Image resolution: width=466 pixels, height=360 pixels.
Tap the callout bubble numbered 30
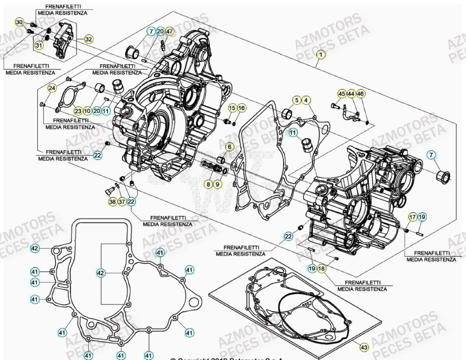(x=19, y=22)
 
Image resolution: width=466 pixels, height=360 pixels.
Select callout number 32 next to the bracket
(x=89, y=39)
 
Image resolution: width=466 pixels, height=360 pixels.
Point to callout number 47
(x=170, y=32)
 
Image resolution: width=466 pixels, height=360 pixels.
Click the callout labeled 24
(x=52, y=88)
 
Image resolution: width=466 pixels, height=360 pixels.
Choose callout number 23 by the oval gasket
(x=77, y=110)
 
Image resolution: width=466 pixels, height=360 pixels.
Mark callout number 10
(x=87, y=110)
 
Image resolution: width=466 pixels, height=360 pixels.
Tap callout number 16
(x=241, y=108)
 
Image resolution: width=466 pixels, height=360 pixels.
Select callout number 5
(x=296, y=100)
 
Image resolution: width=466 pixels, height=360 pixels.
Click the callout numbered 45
(x=342, y=94)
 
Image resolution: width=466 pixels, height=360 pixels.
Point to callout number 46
(x=360, y=94)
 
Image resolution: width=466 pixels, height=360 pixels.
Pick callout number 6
(x=229, y=147)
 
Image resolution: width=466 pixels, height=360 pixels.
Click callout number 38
(x=112, y=202)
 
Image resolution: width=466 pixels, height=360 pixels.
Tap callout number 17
(x=413, y=217)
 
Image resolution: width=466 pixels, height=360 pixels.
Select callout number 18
(x=321, y=268)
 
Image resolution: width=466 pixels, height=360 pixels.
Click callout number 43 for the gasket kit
(x=364, y=347)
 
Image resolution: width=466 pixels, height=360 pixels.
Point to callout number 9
(x=217, y=183)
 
